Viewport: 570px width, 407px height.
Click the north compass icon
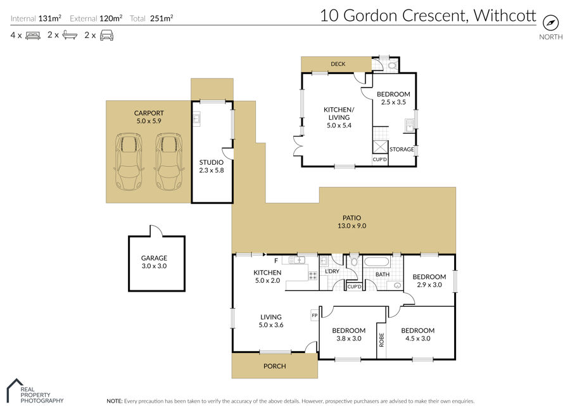[550, 23]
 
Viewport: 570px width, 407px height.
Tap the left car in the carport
[129, 162]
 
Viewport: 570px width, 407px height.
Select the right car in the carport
[168, 162]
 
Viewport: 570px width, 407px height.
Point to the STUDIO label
[211, 162]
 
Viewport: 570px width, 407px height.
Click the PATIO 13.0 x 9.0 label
[352, 222]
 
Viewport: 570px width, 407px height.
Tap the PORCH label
[274, 366]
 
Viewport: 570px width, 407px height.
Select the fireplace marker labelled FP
[315, 315]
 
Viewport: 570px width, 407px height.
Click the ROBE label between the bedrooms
[381, 340]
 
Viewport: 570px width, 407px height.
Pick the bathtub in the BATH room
[377, 262]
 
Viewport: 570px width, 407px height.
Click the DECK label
[338, 64]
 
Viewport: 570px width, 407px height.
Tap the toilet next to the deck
[392, 66]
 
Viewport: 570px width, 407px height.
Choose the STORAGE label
[402, 149]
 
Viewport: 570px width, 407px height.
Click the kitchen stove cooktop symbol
[313, 275]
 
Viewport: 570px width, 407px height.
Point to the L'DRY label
[332, 271]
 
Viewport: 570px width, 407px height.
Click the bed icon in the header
[33, 36]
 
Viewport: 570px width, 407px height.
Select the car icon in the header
[106, 36]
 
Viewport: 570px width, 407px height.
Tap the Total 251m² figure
[151, 18]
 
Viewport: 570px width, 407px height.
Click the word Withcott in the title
[505, 16]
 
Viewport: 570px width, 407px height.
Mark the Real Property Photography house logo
[14, 390]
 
